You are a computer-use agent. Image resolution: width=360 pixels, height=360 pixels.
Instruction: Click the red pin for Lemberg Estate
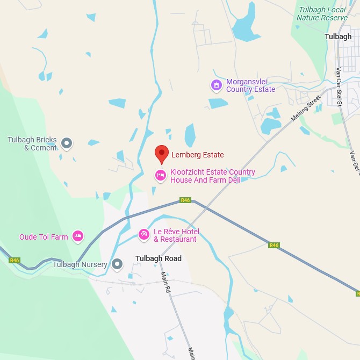[x=162, y=154]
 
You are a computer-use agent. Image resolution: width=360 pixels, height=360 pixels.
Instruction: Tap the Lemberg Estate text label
[x=197, y=155]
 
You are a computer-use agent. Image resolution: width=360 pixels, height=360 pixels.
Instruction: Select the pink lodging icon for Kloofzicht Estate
[x=160, y=175]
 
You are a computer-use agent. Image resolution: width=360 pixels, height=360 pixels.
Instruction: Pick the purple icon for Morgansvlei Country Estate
[x=216, y=85]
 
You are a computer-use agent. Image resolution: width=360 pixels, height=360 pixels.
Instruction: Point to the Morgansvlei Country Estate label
[x=250, y=85]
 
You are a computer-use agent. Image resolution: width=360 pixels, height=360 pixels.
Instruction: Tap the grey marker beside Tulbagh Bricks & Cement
[x=67, y=143]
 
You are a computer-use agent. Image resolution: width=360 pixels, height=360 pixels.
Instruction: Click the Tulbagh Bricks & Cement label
[x=32, y=144]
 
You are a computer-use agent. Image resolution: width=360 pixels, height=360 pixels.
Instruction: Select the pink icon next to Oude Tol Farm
[x=78, y=236]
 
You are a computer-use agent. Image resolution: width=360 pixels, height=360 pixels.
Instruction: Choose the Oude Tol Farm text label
[x=44, y=237]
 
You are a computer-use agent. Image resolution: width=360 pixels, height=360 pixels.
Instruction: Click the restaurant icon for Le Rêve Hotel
[x=143, y=234]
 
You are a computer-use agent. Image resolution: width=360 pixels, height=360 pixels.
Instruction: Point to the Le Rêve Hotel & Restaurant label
[x=176, y=235]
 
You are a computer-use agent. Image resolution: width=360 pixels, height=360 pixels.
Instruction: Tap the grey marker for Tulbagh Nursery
[x=118, y=264]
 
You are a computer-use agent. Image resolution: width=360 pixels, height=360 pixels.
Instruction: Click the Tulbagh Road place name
[x=159, y=258]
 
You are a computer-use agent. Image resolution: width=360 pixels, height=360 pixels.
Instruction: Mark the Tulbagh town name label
[x=338, y=37]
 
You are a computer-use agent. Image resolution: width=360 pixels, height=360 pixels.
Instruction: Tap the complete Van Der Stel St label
[x=339, y=87]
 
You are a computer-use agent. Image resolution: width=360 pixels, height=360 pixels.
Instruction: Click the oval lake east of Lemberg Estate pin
[x=190, y=135]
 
